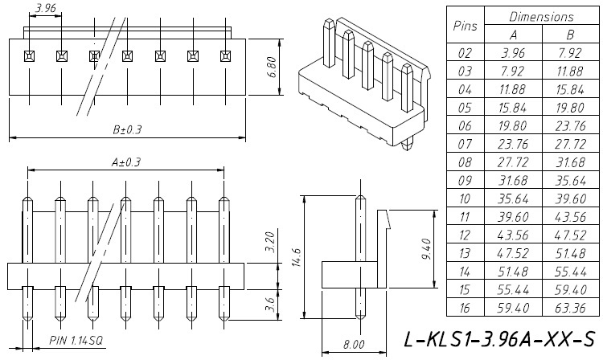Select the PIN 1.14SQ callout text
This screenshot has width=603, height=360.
[x=77, y=341]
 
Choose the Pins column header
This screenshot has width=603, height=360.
[x=466, y=26]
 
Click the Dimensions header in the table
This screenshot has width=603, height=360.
[x=541, y=17]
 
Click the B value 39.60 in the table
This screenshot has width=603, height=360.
[x=570, y=200]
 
